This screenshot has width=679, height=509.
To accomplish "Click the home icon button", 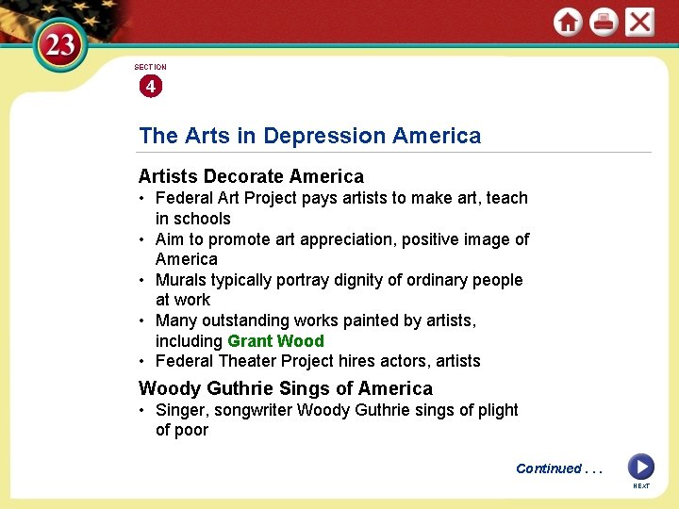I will (x=568, y=22).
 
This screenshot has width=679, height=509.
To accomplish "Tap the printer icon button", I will (x=604, y=22).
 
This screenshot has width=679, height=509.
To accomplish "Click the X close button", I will (x=639, y=22).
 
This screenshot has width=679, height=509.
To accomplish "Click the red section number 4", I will (x=150, y=87).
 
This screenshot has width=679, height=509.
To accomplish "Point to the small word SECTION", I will (x=150, y=67).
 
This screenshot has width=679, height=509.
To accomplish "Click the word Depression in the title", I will (x=324, y=136).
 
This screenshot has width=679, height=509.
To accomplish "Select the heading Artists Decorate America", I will (x=251, y=176).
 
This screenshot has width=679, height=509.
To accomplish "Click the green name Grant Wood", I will (x=275, y=341).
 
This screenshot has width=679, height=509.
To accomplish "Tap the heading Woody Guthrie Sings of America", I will (x=286, y=388).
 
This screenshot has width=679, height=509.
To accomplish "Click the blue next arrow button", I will (x=640, y=466).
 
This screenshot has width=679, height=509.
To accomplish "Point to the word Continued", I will (x=549, y=468).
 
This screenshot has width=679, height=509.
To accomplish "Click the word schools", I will (x=202, y=219).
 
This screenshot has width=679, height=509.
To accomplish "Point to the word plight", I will (x=496, y=410).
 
